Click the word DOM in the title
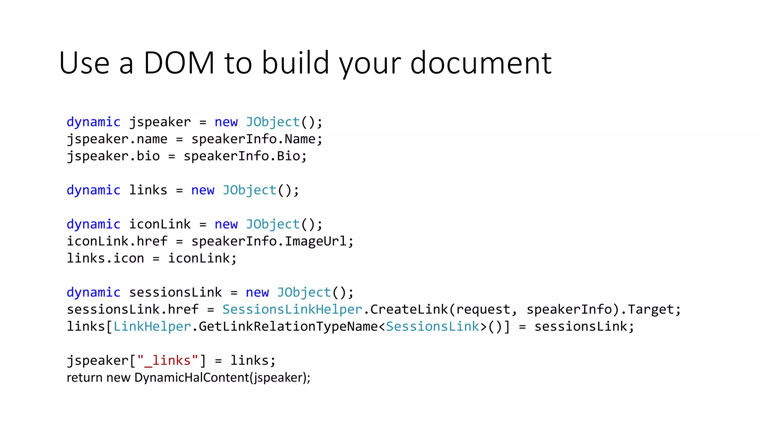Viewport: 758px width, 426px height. click(x=179, y=63)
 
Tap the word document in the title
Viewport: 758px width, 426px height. click(x=481, y=63)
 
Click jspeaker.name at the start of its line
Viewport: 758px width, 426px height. click(x=117, y=139)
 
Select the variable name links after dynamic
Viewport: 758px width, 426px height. click(x=148, y=190)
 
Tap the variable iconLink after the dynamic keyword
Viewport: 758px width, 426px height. click(x=160, y=224)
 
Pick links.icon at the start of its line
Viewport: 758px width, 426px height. click(x=105, y=258)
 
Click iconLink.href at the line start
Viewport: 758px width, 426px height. click(x=117, y=241)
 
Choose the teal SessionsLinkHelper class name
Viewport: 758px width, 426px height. click(x=292, y=309)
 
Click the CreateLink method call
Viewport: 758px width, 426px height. click(x=409, y=309)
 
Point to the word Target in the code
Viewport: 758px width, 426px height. click(x=650, y=309)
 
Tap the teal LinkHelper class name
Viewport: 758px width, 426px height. click(x=152, y=326)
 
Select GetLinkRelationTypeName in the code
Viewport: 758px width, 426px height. click(x=288, y=326)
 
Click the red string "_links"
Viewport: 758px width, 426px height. click(x=168, y=360)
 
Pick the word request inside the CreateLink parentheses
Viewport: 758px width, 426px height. click(x=483, y=309)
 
